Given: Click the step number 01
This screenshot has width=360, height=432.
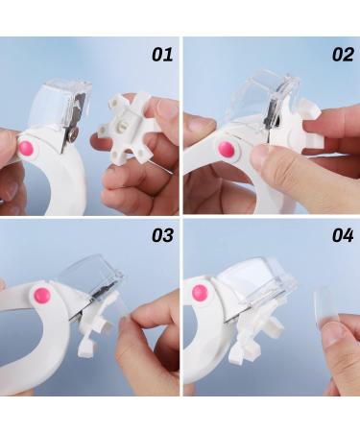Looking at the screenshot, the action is (162, 54).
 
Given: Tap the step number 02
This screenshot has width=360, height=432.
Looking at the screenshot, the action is (343, 54).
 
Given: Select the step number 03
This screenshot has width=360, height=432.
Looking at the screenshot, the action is (162, 235).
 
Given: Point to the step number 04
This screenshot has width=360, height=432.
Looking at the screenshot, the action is (343, 235).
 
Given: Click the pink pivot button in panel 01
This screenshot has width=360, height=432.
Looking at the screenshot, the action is (26, 148).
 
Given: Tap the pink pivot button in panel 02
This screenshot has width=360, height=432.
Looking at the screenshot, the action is (227, 150).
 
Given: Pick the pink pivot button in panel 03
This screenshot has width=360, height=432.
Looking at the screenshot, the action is (42, 296).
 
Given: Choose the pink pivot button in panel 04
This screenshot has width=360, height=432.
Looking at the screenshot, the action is (200, 292).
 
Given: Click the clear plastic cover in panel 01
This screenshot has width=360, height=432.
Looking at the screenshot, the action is (60, 104).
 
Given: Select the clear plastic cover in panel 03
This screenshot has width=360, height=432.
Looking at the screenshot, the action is (93, 274).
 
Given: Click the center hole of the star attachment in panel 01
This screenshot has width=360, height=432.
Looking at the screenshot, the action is (121, 126).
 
